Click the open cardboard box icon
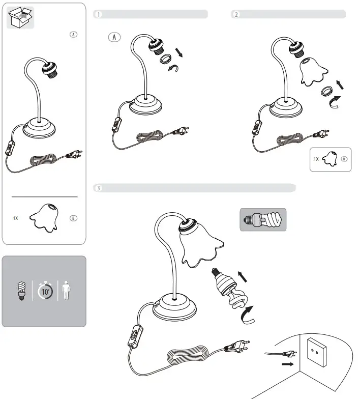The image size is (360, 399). (x=20, y=19)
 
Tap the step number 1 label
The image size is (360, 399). (x=99, y=14)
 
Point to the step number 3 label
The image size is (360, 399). (x=99, y=188)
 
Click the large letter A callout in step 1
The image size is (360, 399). (x=115, y=37)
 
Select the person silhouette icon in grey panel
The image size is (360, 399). (x=65, y=291)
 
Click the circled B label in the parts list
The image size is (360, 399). (x=73, y=218)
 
